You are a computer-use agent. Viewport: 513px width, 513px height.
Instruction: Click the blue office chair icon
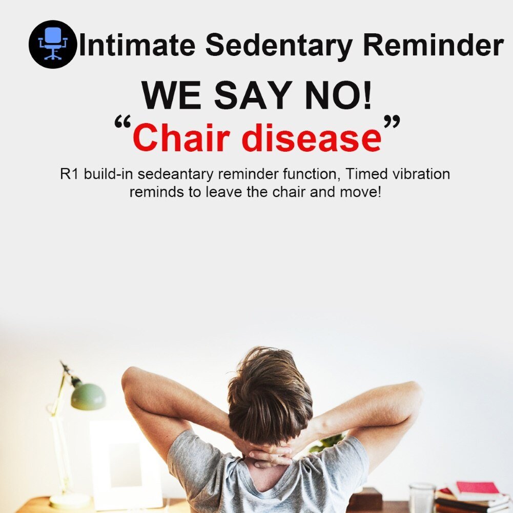pyautogui.click(x=53, y=44)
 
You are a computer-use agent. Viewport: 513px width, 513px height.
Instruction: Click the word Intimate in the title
pyautogui.click(x=137, y=45)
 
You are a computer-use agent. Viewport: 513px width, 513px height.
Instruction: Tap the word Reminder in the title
pyautogui.click(x=433, y=45)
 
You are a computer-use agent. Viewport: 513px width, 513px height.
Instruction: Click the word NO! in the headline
pyautogui.click(x=339, y=95)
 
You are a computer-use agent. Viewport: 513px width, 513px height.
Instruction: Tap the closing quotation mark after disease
pyautogui.click(x=392, y=121)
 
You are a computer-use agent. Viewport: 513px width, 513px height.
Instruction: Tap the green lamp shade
pyautogui.click(x=88, y=396)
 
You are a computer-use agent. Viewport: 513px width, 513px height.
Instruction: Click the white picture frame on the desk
pyautogui.click(x=126, y=465)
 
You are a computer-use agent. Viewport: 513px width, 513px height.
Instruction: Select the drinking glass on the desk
pyautogui.click(x=422, y=498)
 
